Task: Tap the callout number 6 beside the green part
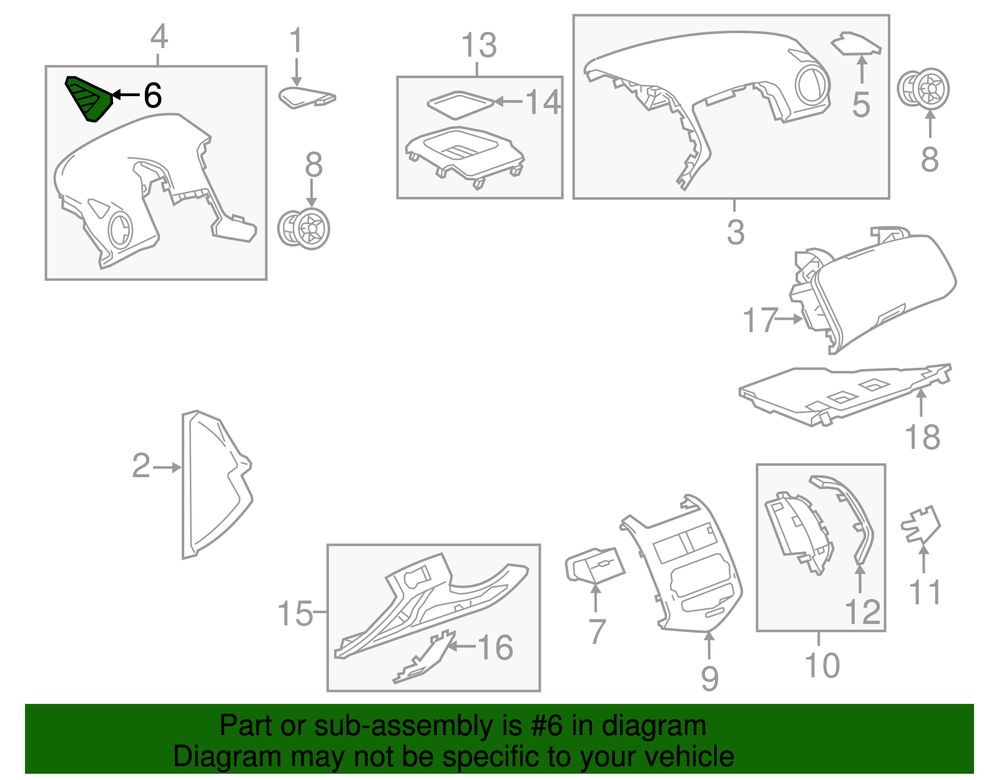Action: (x=152, y=95)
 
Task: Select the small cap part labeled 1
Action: (x=307, y=97)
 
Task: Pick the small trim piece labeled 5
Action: (x=855, y=43)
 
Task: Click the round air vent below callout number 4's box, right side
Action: (x=304, y=228)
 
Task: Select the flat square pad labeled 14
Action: (x=460, y=104)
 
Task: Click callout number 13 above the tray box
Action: (x=479, y=45)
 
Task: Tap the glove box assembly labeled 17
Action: (x=874, y=290)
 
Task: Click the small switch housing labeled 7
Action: (x=594, y=565)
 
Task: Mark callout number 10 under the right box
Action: (x=822, y=665)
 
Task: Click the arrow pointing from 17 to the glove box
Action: (x=789, y=318)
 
